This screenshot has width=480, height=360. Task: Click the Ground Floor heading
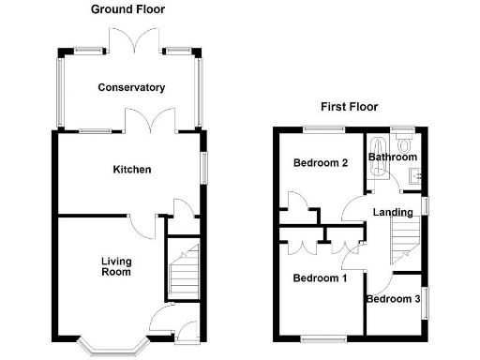click(x=127, y=9)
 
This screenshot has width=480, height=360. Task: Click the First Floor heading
click(x=349, y=107)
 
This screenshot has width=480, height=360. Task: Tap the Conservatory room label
click(x=132, y=87)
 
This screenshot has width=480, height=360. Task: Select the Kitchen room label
click(x=132, y=170)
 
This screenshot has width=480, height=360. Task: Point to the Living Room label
click(x=116, y=266)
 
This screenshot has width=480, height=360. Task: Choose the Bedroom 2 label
click(x=321, y=163)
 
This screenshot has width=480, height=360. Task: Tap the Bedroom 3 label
click(x=393, y=300)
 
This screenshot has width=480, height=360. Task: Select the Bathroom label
click(x=392, y=157)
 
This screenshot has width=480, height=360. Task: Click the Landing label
click(x=392, y=212)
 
